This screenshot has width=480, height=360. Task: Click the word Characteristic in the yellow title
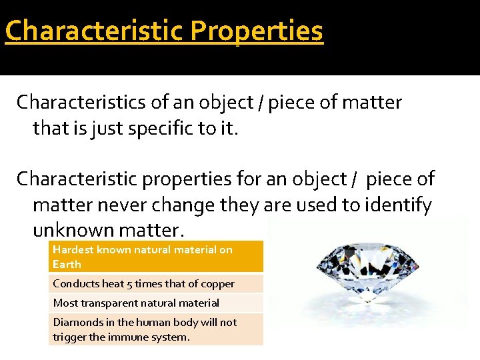93,31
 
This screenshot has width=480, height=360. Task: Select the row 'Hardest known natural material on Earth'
156,257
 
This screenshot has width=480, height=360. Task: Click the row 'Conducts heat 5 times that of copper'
156,283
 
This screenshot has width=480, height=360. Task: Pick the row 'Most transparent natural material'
156,303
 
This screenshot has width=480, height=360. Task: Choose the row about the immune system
156,329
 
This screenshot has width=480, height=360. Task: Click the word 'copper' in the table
218,283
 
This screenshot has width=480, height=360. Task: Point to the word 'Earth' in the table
67,264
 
